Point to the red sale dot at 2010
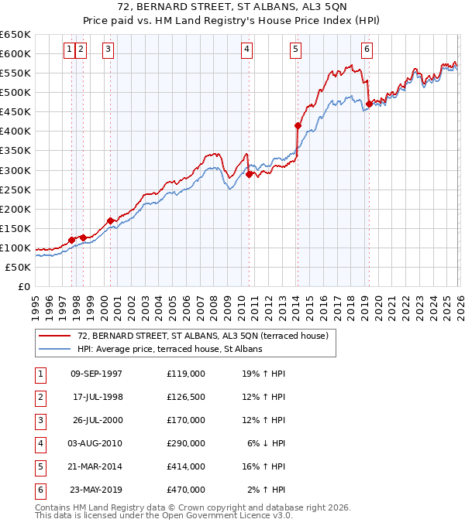pos(249,174)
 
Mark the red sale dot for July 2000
pos(110,220)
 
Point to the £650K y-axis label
pos(15,35)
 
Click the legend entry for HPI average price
pos(170,349)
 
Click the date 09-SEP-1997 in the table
pos(96,374)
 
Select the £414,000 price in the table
pos(185,466)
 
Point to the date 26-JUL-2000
pos(96,420)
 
